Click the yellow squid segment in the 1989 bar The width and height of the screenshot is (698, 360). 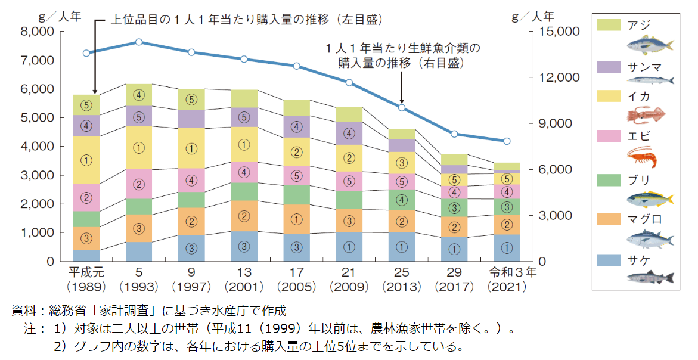(86, 160)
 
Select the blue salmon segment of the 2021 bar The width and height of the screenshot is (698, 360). (507, 247)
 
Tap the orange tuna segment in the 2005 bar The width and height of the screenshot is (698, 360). (296, 219)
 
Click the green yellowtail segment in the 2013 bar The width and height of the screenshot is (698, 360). (402, 199)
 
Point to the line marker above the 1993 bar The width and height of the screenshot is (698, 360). (139, 42)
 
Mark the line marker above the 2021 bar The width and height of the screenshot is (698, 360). (507, 141)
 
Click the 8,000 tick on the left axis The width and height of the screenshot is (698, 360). (38, 31)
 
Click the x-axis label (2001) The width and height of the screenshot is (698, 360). (244, 287)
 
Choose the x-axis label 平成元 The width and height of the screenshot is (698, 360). (87, 273)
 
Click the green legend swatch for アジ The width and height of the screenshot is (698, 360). (608, 24)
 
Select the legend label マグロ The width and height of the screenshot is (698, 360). (644, 219)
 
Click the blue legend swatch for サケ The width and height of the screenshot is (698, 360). (608, 260)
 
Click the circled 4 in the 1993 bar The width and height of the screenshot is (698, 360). (139, 94)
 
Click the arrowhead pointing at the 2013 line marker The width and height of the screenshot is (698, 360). (402, 101)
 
